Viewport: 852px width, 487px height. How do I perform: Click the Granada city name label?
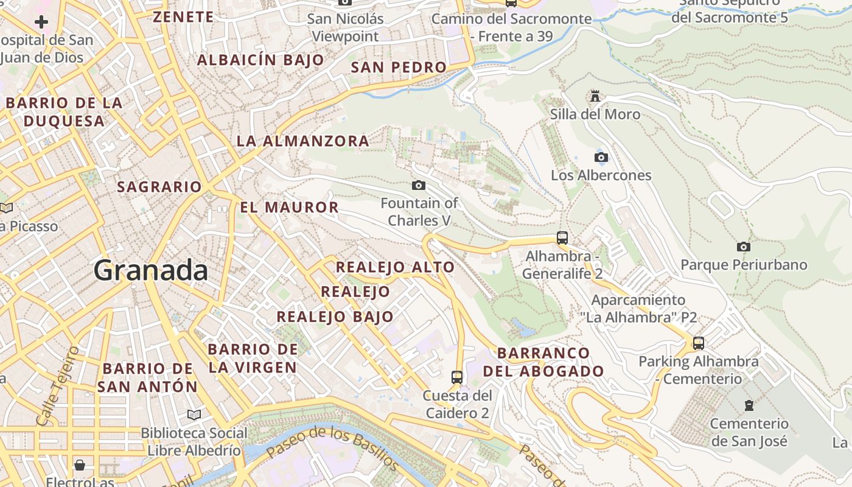click(x=150, y=270)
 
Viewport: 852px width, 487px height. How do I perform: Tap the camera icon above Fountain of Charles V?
click(x=419, y=185)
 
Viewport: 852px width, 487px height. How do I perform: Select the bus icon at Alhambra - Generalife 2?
click(x=562, y=238)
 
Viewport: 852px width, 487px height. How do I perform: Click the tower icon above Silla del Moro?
click(x=595, y=96)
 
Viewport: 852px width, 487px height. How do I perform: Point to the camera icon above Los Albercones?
click(x=601, y=157)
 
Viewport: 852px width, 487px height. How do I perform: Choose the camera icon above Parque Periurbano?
click(x=743, y=247)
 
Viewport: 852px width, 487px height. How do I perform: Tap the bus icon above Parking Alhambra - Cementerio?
click(x=699, y=343)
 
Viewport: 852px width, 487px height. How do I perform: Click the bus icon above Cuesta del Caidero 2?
click(x=457, y=377)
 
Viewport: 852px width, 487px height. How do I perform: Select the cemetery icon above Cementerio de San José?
click(x=749, y=405)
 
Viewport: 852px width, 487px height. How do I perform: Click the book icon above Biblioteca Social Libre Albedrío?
click(x=194, y=415)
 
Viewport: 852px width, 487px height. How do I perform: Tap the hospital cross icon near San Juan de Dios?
click(x=41, y=23)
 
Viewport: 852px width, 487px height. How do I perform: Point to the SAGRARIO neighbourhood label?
click(x=159, y=187)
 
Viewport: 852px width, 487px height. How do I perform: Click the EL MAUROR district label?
click(x=289, y=208)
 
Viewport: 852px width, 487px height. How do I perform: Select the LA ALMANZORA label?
click(x=302, y=141)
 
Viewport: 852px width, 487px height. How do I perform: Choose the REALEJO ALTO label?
click(x=395, y=267)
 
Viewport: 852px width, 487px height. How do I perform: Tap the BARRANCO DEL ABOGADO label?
click(x=543, y=362)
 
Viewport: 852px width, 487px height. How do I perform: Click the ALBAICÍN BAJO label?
click(x=260, y=60)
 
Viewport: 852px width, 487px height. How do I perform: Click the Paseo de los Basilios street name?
click(x=332, y=447)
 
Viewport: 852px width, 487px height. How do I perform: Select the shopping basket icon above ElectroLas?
click(x=80, y=466)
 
